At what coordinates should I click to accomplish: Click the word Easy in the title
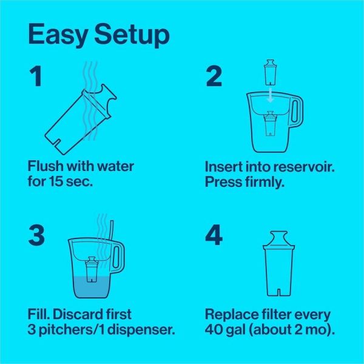58,35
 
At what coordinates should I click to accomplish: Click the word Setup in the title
132,35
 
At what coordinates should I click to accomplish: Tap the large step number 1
36,76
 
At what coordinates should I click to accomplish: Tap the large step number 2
214,76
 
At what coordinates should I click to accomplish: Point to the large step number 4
214,235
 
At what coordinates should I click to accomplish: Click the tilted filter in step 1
80,120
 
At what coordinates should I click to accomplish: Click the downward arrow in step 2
270,95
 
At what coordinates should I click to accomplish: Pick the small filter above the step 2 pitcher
270,72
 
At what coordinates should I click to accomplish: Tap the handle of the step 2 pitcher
296,112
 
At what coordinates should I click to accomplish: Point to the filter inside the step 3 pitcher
92,269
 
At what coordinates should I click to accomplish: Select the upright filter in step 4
279,264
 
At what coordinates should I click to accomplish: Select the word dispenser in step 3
141,329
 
